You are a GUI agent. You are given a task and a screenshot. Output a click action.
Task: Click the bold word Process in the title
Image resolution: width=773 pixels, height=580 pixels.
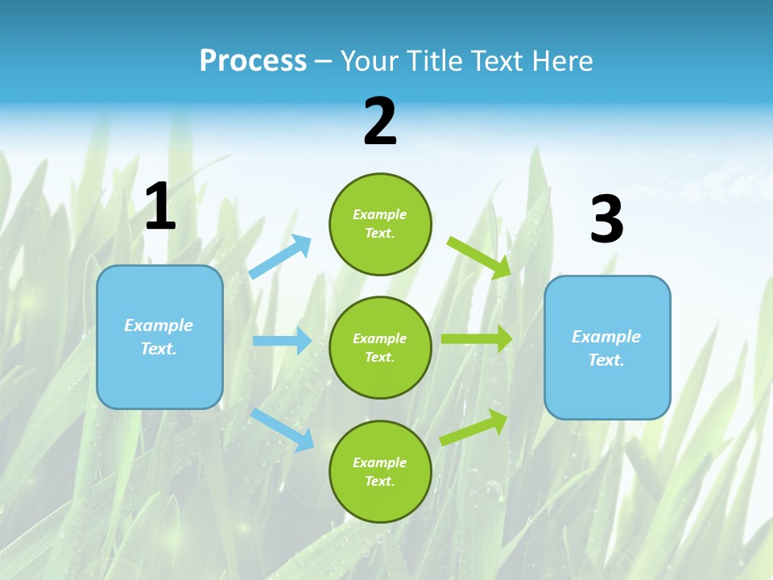click(253, 61)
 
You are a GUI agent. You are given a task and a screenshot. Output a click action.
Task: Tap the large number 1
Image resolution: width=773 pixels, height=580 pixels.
click(160, 206)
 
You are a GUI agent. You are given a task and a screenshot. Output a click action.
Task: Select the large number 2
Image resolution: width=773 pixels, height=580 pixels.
click(380, 122)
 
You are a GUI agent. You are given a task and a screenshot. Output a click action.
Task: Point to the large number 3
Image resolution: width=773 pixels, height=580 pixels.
click(606, 220)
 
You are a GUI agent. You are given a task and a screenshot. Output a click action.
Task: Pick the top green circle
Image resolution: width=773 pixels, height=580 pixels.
click(380, 224)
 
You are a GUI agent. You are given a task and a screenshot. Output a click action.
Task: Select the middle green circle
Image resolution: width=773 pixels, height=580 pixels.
click(380, 347)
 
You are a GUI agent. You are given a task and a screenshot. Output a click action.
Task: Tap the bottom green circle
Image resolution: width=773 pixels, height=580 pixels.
click(380, 471)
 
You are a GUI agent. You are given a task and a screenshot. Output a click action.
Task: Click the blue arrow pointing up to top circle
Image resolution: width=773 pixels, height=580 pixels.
click(280, 257)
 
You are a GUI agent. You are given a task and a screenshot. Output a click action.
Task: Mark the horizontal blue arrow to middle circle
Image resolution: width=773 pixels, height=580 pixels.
click(282, 341)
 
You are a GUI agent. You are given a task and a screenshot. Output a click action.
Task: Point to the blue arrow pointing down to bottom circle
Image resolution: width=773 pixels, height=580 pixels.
click(282, 429)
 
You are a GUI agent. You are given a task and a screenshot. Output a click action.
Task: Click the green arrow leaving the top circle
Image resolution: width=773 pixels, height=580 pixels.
click(478, 257)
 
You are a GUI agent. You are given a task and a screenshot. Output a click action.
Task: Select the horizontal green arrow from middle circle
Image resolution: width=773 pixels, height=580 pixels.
click(476, 338)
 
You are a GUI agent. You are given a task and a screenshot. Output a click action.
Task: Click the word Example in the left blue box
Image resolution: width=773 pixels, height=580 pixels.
click(159, 325)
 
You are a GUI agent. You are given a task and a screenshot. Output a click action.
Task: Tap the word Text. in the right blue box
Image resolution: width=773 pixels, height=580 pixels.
click(606, 360)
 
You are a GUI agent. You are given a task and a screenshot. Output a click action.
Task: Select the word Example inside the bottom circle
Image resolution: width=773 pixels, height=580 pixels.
click(380, 462)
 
